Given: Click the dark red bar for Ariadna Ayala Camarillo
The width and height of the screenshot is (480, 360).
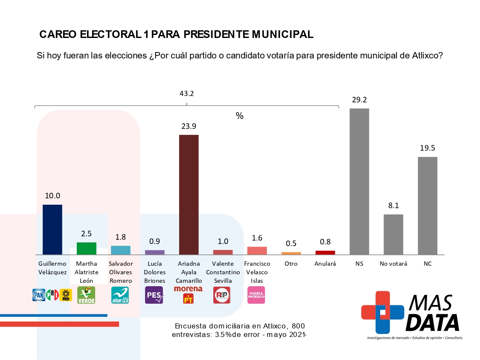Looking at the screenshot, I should coord(189,195).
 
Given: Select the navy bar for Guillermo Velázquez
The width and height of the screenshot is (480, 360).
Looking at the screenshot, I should coord(52,229).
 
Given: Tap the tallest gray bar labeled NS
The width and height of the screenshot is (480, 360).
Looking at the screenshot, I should coord(359,181).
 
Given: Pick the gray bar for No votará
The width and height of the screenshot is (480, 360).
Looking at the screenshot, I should coord(393,234).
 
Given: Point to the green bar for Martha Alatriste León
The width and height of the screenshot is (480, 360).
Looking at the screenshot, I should coord(86,248).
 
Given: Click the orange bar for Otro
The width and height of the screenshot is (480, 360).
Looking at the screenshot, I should coord(291,253).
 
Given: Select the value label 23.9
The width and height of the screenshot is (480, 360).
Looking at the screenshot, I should coord(189,126).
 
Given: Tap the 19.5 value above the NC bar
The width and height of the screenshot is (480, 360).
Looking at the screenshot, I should coord(428,148).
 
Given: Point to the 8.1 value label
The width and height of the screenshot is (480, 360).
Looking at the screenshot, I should coord(393,206).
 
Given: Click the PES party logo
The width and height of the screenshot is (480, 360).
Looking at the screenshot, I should coord(154,295).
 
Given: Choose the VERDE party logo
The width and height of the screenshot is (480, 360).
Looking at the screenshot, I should coord(86,295).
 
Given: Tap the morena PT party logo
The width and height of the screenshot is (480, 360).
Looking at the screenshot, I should coord(188,295).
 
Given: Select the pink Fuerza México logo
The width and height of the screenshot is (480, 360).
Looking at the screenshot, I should coord(256,295).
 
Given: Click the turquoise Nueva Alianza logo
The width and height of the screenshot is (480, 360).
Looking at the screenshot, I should coord(120,295).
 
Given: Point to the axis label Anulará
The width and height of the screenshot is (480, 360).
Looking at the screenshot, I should coord(325,264).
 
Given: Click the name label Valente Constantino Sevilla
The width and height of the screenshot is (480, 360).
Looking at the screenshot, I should coord(223,272).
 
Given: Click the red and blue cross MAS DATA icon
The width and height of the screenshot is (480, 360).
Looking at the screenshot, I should coord(382,312).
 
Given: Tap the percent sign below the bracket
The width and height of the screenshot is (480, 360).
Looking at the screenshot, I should coord(240,116).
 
